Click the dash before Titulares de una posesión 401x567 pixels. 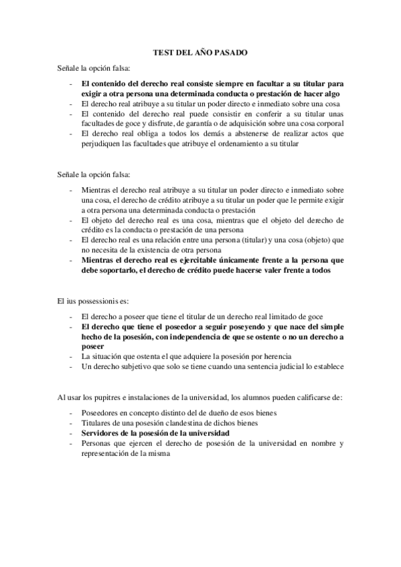[71, 423]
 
